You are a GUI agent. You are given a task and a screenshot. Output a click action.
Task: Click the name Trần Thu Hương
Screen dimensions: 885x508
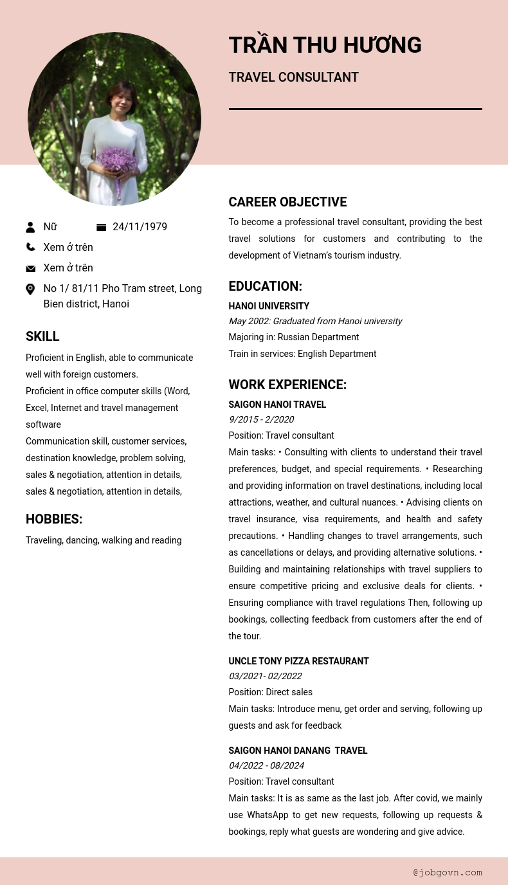tap(325, 46)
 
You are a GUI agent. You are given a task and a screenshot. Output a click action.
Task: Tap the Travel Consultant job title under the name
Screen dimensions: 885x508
tap(293, 78)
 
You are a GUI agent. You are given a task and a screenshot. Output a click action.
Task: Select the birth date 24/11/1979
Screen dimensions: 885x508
tap(140, 227)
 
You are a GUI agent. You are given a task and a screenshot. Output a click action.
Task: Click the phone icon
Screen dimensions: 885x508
tap(30, 247)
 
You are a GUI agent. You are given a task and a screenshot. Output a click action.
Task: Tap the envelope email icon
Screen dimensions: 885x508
tap(30, 268)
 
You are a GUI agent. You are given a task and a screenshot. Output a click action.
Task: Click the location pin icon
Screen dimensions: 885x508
tap(30, 289)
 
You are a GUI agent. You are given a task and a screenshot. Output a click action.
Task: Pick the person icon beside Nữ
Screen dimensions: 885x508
tap(30, 227)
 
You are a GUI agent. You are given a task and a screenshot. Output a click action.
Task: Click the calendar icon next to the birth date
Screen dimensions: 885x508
tap(101, 227)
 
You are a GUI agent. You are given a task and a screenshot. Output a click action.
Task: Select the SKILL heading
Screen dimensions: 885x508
tap(42, 336)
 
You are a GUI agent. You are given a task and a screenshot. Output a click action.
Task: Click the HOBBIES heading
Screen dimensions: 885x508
tap(54, 519)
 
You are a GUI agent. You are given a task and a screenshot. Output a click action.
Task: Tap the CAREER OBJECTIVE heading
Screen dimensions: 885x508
tap(287, 202)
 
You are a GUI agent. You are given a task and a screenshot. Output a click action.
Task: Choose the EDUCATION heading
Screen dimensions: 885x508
tap(265, 286)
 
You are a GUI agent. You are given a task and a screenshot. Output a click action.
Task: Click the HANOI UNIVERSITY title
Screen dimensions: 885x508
tap(269, 306)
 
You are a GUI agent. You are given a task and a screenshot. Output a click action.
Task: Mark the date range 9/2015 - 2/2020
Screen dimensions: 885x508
tap(261, 419)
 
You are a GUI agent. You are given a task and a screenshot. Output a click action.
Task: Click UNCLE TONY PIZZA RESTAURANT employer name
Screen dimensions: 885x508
tap(298, 661)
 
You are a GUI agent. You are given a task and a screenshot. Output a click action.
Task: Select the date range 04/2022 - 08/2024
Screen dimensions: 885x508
tap(266, 765)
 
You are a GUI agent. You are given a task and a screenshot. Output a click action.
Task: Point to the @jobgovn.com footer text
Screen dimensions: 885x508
tap(448, 872)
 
